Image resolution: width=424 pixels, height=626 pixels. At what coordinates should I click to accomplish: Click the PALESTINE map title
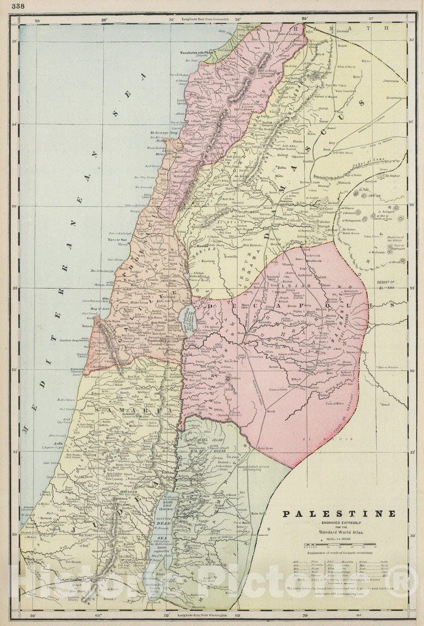339,513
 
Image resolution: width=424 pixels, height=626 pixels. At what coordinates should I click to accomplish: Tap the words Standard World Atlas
339,533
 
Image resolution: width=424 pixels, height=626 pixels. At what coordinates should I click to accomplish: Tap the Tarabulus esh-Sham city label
198,53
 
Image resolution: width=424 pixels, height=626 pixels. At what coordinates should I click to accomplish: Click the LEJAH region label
288,286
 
